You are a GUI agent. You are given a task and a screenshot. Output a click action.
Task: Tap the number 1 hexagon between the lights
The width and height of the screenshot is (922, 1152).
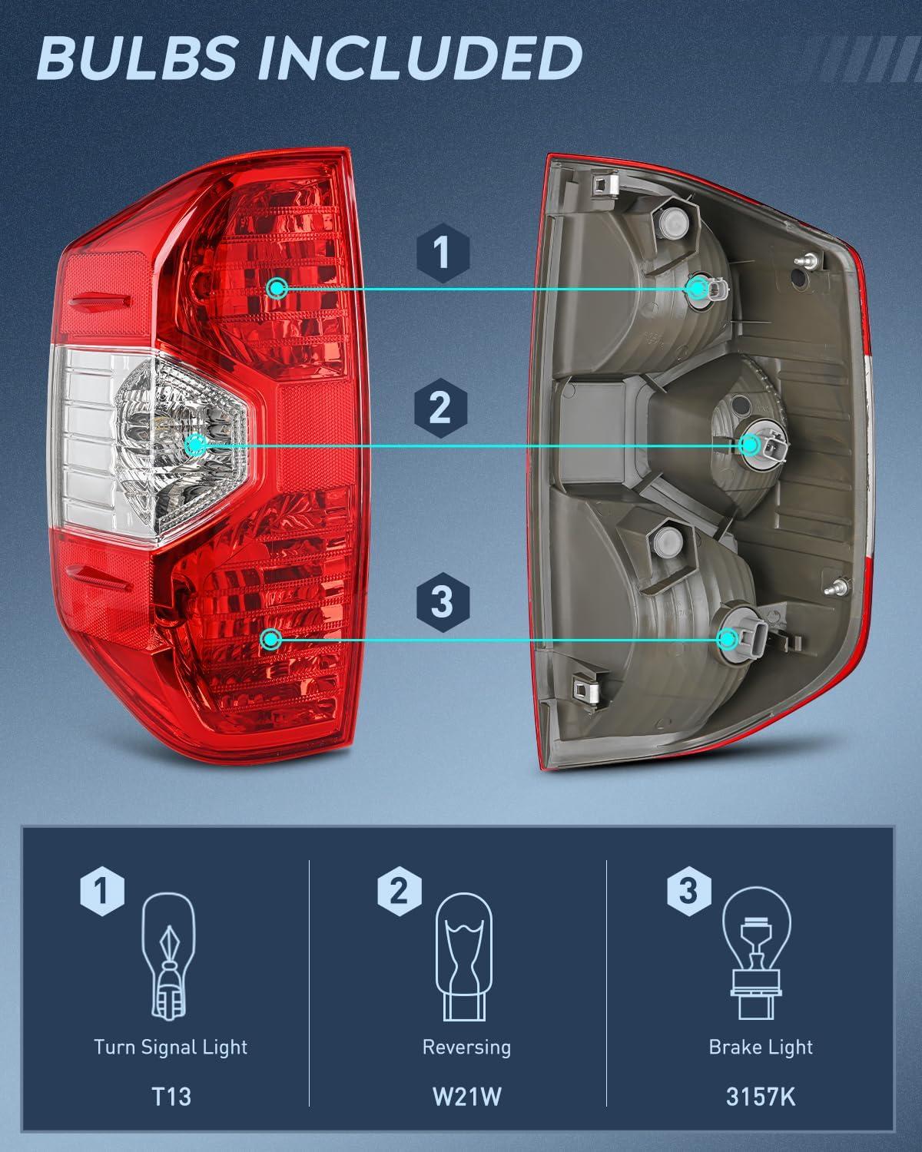pyautogui.click(x=441, y=253)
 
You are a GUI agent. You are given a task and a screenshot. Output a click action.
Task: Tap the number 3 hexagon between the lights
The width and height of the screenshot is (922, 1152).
pyautogui.click(x=442, y=601)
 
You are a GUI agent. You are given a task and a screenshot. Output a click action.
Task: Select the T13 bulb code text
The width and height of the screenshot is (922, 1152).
pyautogui.click(x=171, y=1096)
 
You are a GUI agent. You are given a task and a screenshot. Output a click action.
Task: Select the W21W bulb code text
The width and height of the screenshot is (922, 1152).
pyautogui.click(x=466, y=1096)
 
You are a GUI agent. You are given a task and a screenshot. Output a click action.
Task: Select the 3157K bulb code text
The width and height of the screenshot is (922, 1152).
pyautogui.click(x=761, y=1096)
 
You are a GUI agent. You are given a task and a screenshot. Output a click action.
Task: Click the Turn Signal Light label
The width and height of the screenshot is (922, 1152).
pyautogui.click(x=171, y=1047)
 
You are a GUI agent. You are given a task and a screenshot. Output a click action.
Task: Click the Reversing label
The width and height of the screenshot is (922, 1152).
pyautogui.click(x=466, y=1047)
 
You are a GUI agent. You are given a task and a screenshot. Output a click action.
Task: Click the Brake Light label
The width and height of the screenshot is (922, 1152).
pyautogui.click(x=761, y=1047)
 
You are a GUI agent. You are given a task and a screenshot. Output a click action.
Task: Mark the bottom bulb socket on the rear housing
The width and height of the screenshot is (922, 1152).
pyautogui.click(x=728, y=638)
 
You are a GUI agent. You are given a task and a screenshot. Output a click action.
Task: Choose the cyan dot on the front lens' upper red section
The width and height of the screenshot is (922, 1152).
pyautogui.click(x=277, y=289)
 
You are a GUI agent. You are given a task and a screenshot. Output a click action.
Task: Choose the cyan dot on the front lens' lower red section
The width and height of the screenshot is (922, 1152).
pyautogui.click(x=270, y=638)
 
